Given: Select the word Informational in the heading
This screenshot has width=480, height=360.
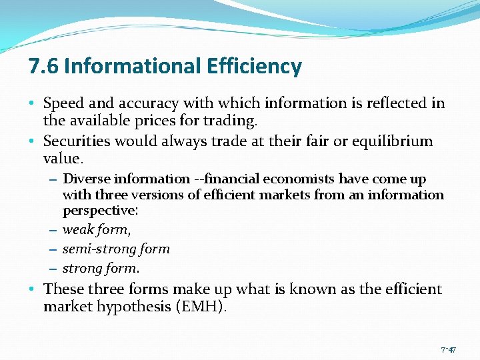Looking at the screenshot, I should click(132, 67).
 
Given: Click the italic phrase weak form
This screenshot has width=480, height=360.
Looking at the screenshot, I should click(96, 230).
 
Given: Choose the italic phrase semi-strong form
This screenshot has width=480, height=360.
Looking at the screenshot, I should click(116, 249).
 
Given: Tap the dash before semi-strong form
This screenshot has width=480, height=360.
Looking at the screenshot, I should click(53, 249).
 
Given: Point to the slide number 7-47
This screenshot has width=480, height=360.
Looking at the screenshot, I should click(448, 349).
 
